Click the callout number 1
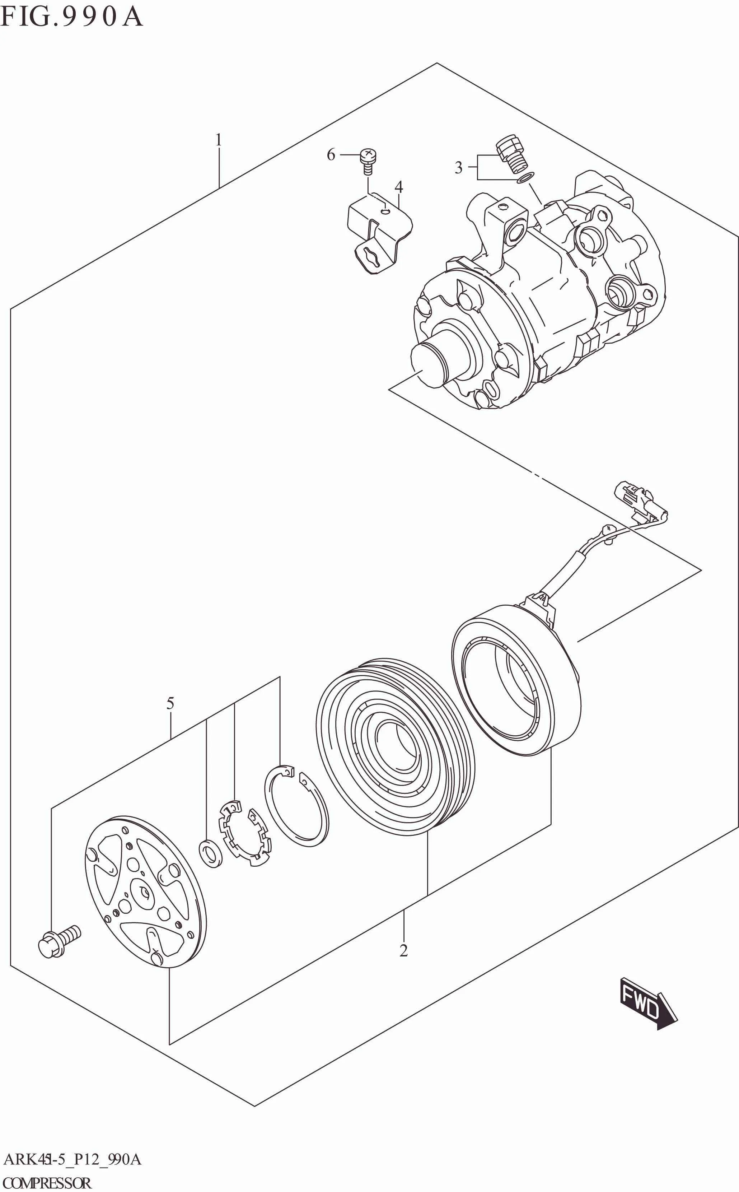(x=219, y=140)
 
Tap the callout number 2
(x=403, y=950)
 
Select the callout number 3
(x=458, y=168)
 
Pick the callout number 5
(x=170, y=704)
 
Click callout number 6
(x=331, y=155)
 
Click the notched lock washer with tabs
(x=245, y=833)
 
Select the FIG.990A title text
(x=71, y=17)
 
